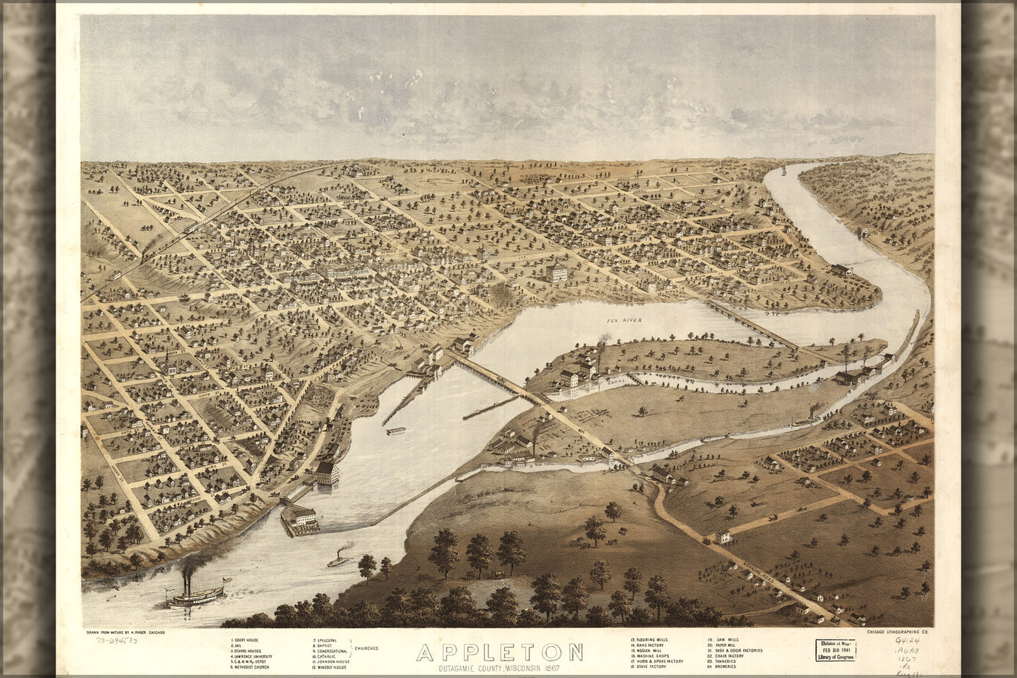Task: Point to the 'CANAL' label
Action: [606, 383]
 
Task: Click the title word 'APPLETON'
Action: [499, 653]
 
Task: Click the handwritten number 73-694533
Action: [115, 641]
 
